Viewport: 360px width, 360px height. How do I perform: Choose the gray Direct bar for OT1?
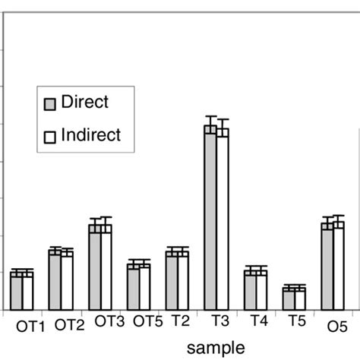tap(16, 291)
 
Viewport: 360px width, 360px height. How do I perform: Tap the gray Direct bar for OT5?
tap(133, 286)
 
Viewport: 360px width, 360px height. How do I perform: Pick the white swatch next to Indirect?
tap(51, 137)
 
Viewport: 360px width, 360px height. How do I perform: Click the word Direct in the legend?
tap(85, 103)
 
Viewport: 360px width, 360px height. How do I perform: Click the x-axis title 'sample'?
tap(216, 346)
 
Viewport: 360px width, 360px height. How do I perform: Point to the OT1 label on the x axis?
tap(31, 326)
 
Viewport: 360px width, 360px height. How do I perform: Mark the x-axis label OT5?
tap(147, 322)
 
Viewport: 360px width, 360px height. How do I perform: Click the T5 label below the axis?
tap(297, 322)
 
